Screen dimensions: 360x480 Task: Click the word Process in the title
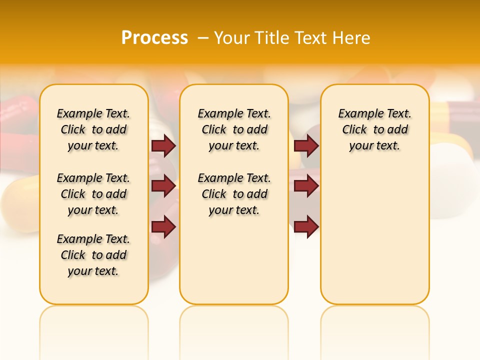point(154,37)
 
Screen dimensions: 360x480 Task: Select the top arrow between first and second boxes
point(163,145)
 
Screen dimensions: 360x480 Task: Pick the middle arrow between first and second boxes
point(163,186)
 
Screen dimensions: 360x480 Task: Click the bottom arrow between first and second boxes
point(163,226)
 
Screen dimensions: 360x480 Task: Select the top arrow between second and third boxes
point(306,145)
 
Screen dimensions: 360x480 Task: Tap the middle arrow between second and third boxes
point(306,186)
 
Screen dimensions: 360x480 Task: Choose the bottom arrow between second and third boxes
point(306,226)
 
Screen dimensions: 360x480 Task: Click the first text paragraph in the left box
point(93,129)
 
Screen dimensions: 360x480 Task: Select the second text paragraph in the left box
point(93,194)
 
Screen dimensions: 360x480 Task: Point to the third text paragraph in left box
point(93,255)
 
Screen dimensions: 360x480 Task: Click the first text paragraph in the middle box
point(234,129)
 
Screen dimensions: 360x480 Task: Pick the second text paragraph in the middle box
point(234,194)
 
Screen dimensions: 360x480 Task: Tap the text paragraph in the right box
point(375,129)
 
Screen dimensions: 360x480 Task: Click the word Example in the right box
point(357,114)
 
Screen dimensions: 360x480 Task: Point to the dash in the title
point(203,37)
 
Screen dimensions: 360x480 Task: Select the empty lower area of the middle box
point(234,260)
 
